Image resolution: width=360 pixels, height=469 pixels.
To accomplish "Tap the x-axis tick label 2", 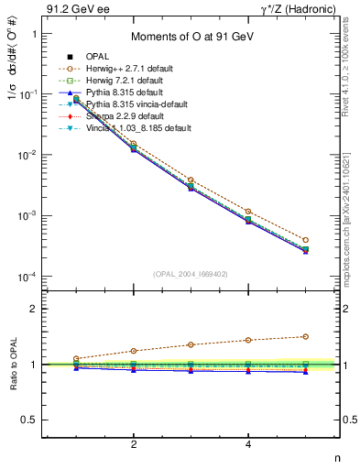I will tap(134, 444).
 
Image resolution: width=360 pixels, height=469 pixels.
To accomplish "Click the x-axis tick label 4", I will tap(248, 444).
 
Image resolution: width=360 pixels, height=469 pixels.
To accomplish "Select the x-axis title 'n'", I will tap(336, 458).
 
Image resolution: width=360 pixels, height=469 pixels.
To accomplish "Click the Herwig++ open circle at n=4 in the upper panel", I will tap(248, 212).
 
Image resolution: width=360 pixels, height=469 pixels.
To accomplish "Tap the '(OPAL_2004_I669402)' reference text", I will tap(191, 272).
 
